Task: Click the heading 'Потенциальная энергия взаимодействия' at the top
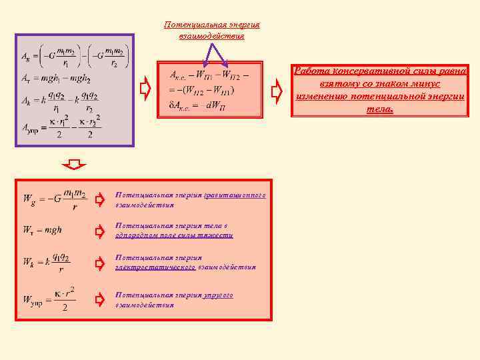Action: click(212, 30)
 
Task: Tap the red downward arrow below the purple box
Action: click(78, 165)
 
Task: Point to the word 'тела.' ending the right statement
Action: click(380, 109)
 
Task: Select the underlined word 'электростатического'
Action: click(155, 267)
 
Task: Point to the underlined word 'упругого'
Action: click(219, 294)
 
